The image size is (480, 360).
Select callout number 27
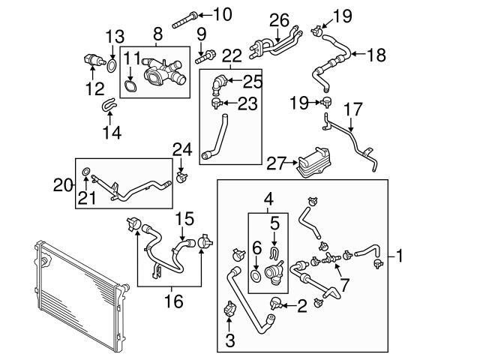[x=276, y=160]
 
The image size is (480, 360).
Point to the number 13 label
[x=113, y=37]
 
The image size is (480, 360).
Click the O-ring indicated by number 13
[x=111, y=65]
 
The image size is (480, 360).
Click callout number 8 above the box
[x=157, y=34]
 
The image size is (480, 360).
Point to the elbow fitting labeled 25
[x=218, y=82]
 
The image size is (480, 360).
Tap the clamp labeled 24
[x=180, y=177]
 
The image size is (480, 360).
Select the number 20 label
[x=64, y=182]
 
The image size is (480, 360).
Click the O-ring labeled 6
[x=256, y=277]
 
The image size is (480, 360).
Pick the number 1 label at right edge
[x=400, y=257]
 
